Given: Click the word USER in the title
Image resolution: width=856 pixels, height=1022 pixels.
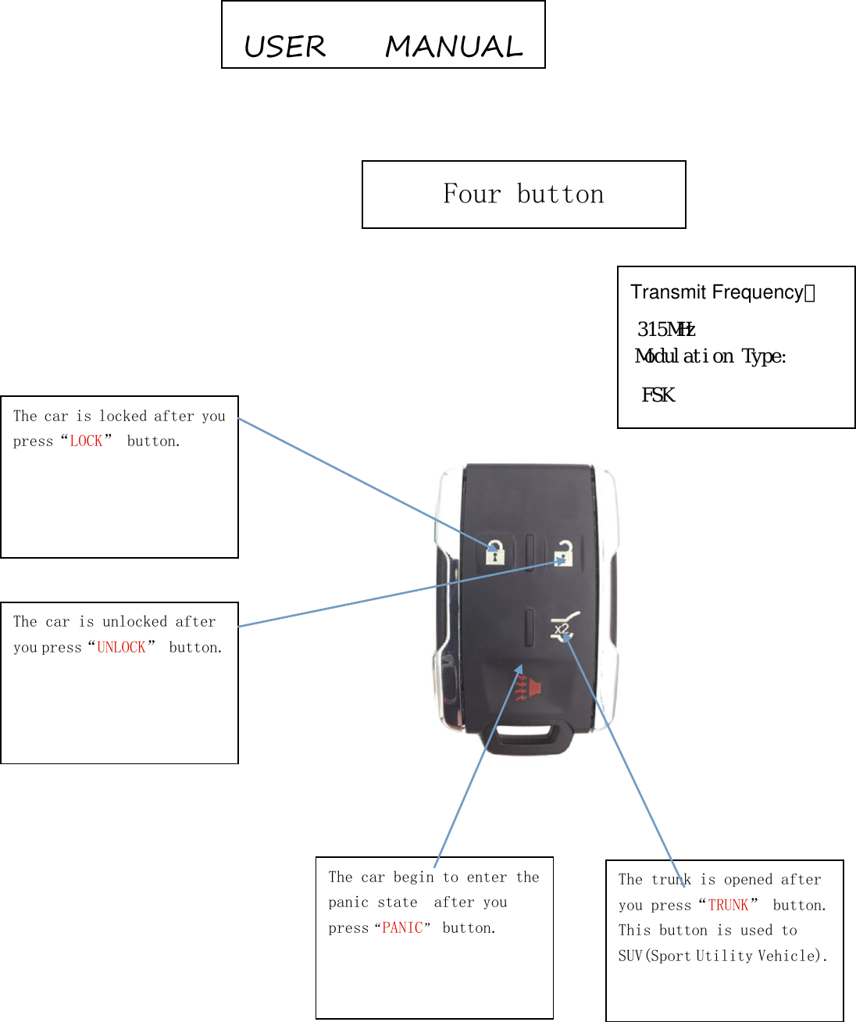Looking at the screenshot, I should coord(285,47).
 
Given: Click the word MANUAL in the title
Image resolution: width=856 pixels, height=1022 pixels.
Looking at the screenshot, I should coord(454,47).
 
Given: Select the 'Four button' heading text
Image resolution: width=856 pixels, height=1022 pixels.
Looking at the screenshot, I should coord(523,194).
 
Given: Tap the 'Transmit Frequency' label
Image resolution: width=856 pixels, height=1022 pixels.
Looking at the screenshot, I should coord(717,292).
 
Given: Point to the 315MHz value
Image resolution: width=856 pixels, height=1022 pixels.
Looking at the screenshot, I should coord(665,329).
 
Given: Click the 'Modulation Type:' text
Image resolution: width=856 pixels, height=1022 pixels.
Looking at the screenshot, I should coord(710,356).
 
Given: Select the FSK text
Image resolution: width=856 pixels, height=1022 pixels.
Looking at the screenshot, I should coord(658,395).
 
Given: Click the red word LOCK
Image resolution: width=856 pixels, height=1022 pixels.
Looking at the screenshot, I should coord(86,441).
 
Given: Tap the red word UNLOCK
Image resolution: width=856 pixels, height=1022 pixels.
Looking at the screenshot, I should coord(121,648).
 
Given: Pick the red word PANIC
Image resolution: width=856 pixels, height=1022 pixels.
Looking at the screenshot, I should coord(402,928).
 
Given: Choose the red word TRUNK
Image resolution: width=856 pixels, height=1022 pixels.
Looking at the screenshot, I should coord(728,906).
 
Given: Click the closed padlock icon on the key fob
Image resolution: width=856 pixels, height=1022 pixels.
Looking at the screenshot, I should coord(495,552).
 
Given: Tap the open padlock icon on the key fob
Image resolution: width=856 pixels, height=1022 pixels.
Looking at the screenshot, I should coord(564,552).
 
